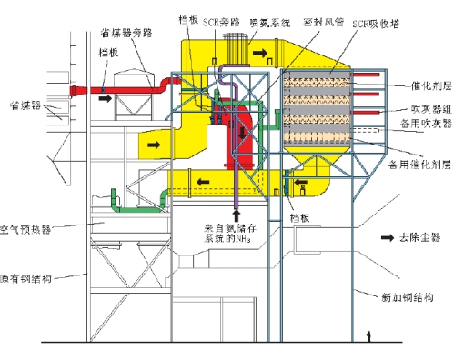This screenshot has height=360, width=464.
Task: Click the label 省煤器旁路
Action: pos(121,34)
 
